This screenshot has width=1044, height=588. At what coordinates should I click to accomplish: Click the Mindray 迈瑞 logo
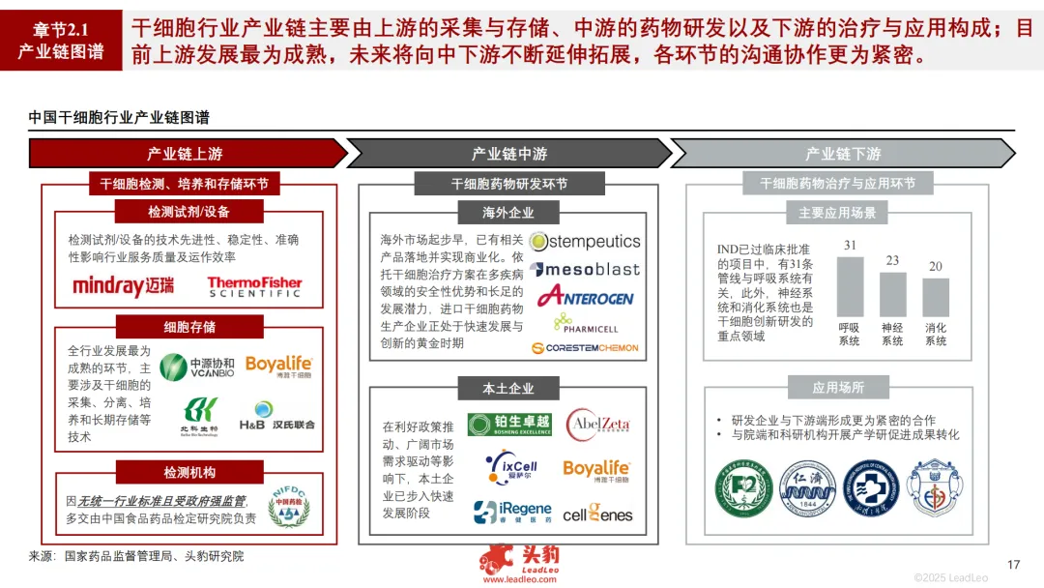124,285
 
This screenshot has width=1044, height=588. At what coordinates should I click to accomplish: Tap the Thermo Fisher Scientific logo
254,286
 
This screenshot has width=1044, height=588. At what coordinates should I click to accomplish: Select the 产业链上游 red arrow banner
186,154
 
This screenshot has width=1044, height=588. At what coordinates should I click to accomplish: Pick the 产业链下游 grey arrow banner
843,154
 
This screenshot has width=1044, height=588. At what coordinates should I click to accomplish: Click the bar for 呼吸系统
850,286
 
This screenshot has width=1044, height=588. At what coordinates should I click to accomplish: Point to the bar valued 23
892,294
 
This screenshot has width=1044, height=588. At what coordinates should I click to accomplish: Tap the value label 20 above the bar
936,266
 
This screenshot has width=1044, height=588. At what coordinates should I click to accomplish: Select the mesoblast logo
586,269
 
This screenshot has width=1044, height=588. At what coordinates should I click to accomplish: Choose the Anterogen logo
586,297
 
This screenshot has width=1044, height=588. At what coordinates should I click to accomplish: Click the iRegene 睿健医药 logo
512,513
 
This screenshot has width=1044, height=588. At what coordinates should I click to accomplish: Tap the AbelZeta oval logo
597,423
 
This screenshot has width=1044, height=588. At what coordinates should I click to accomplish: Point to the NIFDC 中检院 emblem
287,506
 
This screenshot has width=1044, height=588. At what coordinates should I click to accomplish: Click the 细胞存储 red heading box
189,327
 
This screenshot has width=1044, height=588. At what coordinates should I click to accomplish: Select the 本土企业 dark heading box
508,388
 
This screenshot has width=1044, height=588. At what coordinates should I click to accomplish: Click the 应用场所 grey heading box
838,388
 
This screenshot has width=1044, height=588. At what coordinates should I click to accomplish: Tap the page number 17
1013,564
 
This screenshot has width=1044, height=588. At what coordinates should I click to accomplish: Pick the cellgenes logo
597,513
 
